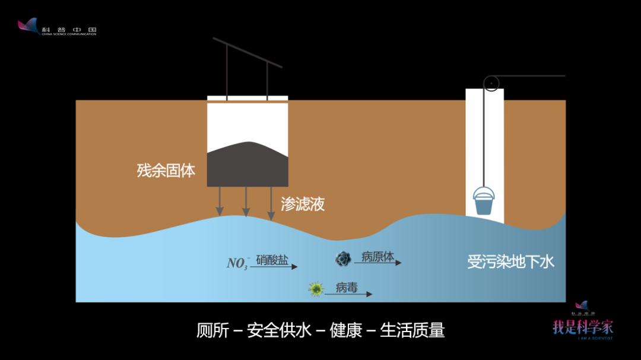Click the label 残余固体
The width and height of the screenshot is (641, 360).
166,171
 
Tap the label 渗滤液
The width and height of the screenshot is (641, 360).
303,205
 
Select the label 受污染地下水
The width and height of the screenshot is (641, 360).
510,262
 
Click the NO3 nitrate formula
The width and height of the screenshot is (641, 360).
237,263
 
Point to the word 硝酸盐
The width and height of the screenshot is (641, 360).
272,260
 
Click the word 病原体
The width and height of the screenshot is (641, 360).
377,257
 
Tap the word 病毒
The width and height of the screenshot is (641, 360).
347,288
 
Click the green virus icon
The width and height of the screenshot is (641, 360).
316,289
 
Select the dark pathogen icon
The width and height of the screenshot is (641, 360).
343,259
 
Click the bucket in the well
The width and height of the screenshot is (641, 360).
484,202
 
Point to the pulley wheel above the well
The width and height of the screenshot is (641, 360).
491,83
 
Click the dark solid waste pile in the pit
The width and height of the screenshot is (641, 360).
247,164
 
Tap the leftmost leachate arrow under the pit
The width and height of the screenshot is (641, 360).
220,202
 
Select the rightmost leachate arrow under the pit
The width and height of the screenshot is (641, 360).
272,202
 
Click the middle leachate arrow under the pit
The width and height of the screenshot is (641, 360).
246,202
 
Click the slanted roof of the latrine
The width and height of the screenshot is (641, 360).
247,52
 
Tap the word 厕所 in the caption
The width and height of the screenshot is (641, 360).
212,330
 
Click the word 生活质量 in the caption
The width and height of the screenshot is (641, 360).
412,330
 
